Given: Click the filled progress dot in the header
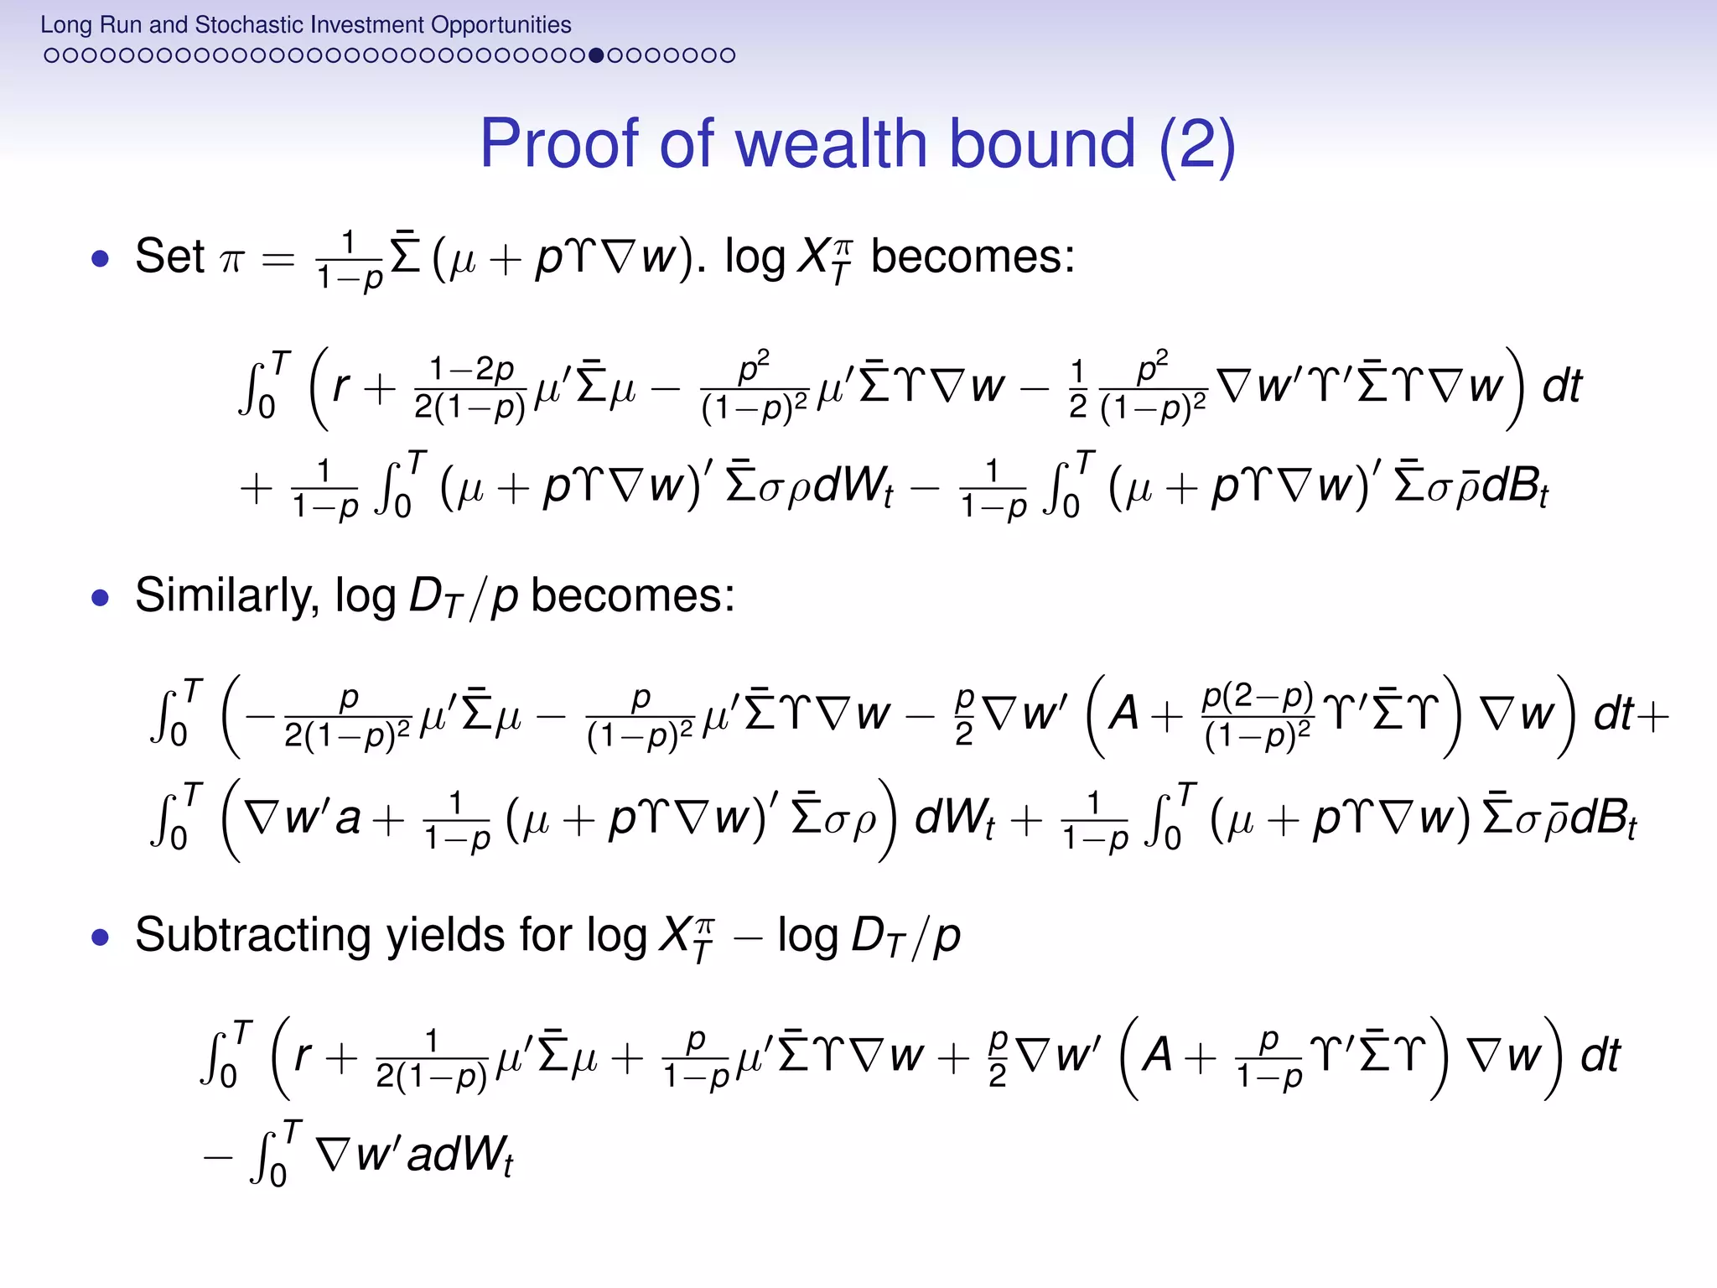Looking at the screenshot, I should click(x=596, y=55).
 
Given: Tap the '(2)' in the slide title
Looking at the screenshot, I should click(x=1196, y=143).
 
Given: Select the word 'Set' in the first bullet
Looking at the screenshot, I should click(x=169, y=256).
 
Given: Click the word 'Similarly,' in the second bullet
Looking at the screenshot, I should click(x=227, y=595).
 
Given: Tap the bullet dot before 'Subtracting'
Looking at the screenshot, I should click(x=101, y=937).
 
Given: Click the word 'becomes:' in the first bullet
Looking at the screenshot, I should click(x=973, y=256).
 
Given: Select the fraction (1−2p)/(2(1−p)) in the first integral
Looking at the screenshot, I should click(x=469, y=387).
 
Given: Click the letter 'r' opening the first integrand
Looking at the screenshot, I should click(x=340, y=387).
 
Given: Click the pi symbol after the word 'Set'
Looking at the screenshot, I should click(x=231, y=260).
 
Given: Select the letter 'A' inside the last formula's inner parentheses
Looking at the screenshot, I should click(x=1157, y=1055).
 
